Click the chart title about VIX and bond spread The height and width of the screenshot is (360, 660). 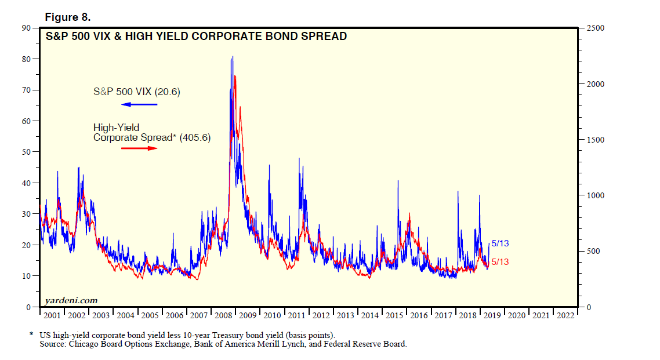tap(197, 37)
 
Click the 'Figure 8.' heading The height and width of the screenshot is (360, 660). tap(72, 17)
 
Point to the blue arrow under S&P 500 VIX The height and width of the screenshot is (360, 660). tap(139, 104)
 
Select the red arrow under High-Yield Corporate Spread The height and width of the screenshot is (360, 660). tap(139, 148)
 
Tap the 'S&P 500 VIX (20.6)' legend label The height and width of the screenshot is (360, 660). tap(137, 92)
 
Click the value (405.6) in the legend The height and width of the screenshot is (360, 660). tap(194, 137)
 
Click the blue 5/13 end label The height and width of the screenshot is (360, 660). tap(500, 243)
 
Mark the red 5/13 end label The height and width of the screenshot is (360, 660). tap(500, 262)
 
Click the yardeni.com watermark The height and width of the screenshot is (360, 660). tap(71, 300)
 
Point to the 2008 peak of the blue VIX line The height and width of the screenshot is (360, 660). tap(233, 57)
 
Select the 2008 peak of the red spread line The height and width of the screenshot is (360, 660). tap(235, 76)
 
